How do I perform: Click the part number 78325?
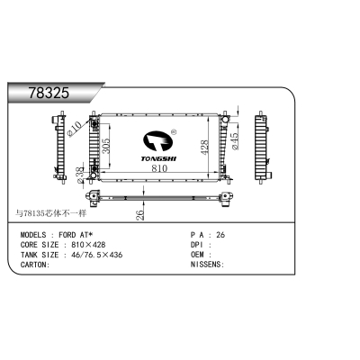pyautogui.click(x=49, y=93)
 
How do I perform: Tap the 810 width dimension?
pyautogui.click(x=159, y=168)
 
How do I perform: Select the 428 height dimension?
pyautogui.click(x=204, y=148)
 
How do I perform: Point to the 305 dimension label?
pyautogui.click(x=106, y=146)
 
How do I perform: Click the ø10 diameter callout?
pyautogui.click(x=74, y=129)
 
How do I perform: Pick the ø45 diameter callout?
pyautogui.click(x=235, y=141)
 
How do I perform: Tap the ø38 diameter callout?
pyautogui.click(x=80, y=175)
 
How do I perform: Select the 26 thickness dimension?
pyautogui.click(x=139, y=215)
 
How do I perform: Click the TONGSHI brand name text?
pyautogui.click(x=158, y=158)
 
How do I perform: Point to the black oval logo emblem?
pyautogui.click(x=157, y=141)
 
